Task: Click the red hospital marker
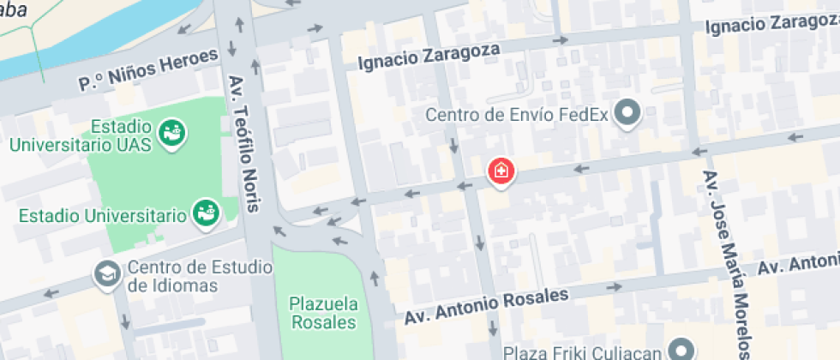pyautogui.click(x=501, y=171)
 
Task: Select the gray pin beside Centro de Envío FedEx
pyautogui.click(x=629, y=113)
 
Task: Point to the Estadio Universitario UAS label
pyautogui.click(x=81, y=135)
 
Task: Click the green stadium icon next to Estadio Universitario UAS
pyautogui.click(x=173, y=133)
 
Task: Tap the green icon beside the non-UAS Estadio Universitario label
pyautogui.click(x=205, y=213)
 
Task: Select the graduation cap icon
pyautogui.click(x=106, y=274)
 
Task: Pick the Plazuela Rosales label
pyautogui.click(x=322, y=312)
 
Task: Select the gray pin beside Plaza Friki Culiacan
pyautogui.click(x=682, y=350)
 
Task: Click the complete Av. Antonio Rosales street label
pyautogui.click(x=487, y=307)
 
